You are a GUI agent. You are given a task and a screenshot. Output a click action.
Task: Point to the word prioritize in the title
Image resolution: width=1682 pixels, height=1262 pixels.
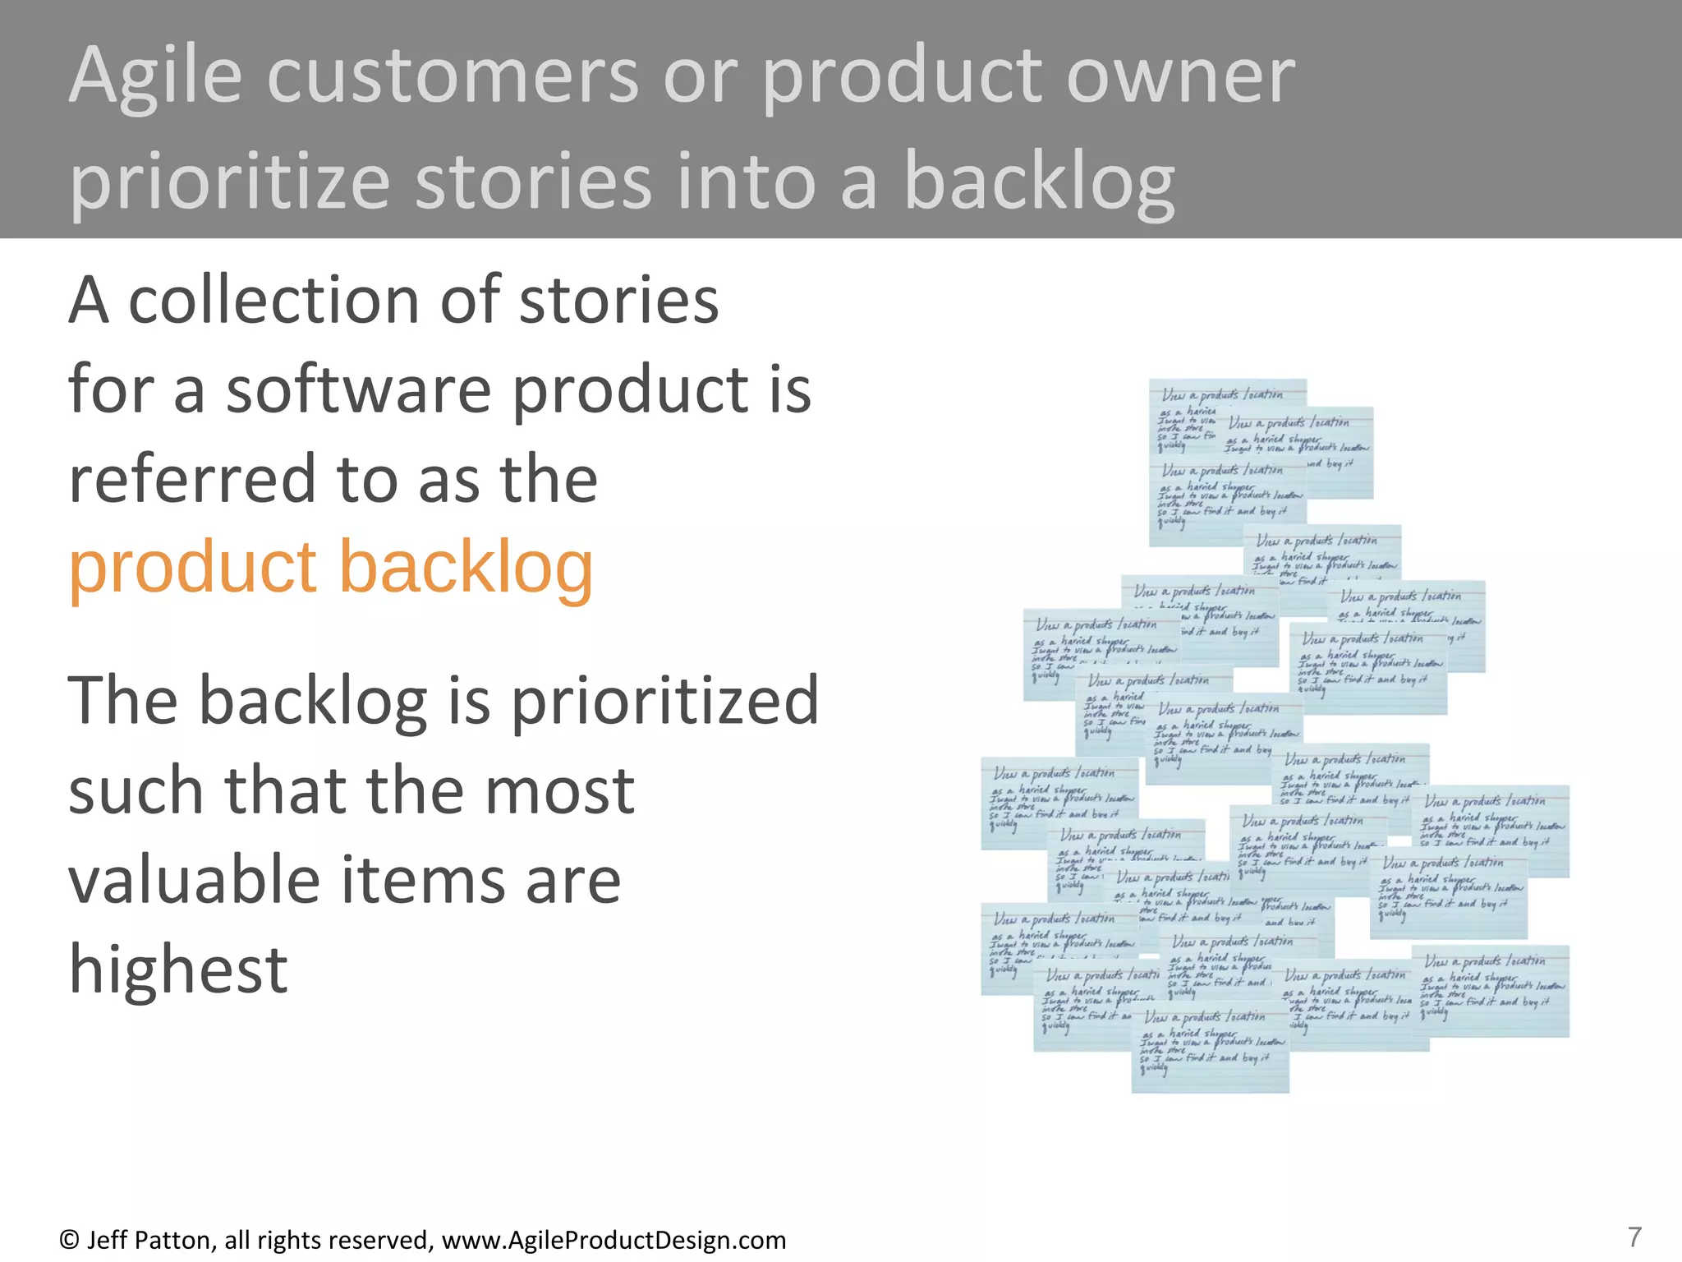click(230, 182)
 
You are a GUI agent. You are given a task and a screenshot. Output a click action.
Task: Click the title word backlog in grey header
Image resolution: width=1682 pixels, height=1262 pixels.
click(1039, 182)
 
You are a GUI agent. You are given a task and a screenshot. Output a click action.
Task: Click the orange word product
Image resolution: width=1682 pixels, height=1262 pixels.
click(193, 569)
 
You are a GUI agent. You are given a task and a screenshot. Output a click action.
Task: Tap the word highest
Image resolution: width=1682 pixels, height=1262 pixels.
click(177, 970)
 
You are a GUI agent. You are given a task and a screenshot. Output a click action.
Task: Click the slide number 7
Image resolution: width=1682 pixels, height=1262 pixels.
click(1634, 1237)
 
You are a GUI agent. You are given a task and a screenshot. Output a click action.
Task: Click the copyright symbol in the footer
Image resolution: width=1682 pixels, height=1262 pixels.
click(69, 1240)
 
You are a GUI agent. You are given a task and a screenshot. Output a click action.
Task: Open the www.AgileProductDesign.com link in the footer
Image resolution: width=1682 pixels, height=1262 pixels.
click(614, 1240)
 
